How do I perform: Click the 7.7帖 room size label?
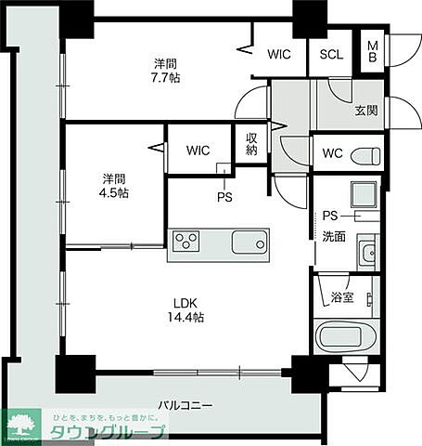166,79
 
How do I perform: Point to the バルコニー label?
185,406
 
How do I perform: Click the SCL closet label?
331,54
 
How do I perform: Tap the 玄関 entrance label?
366,111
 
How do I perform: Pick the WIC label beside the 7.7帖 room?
279,54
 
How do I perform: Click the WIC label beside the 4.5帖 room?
198,151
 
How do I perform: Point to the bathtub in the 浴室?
345,335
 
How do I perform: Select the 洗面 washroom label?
334,236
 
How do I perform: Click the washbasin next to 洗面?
367,251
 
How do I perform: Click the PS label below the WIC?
224,196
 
